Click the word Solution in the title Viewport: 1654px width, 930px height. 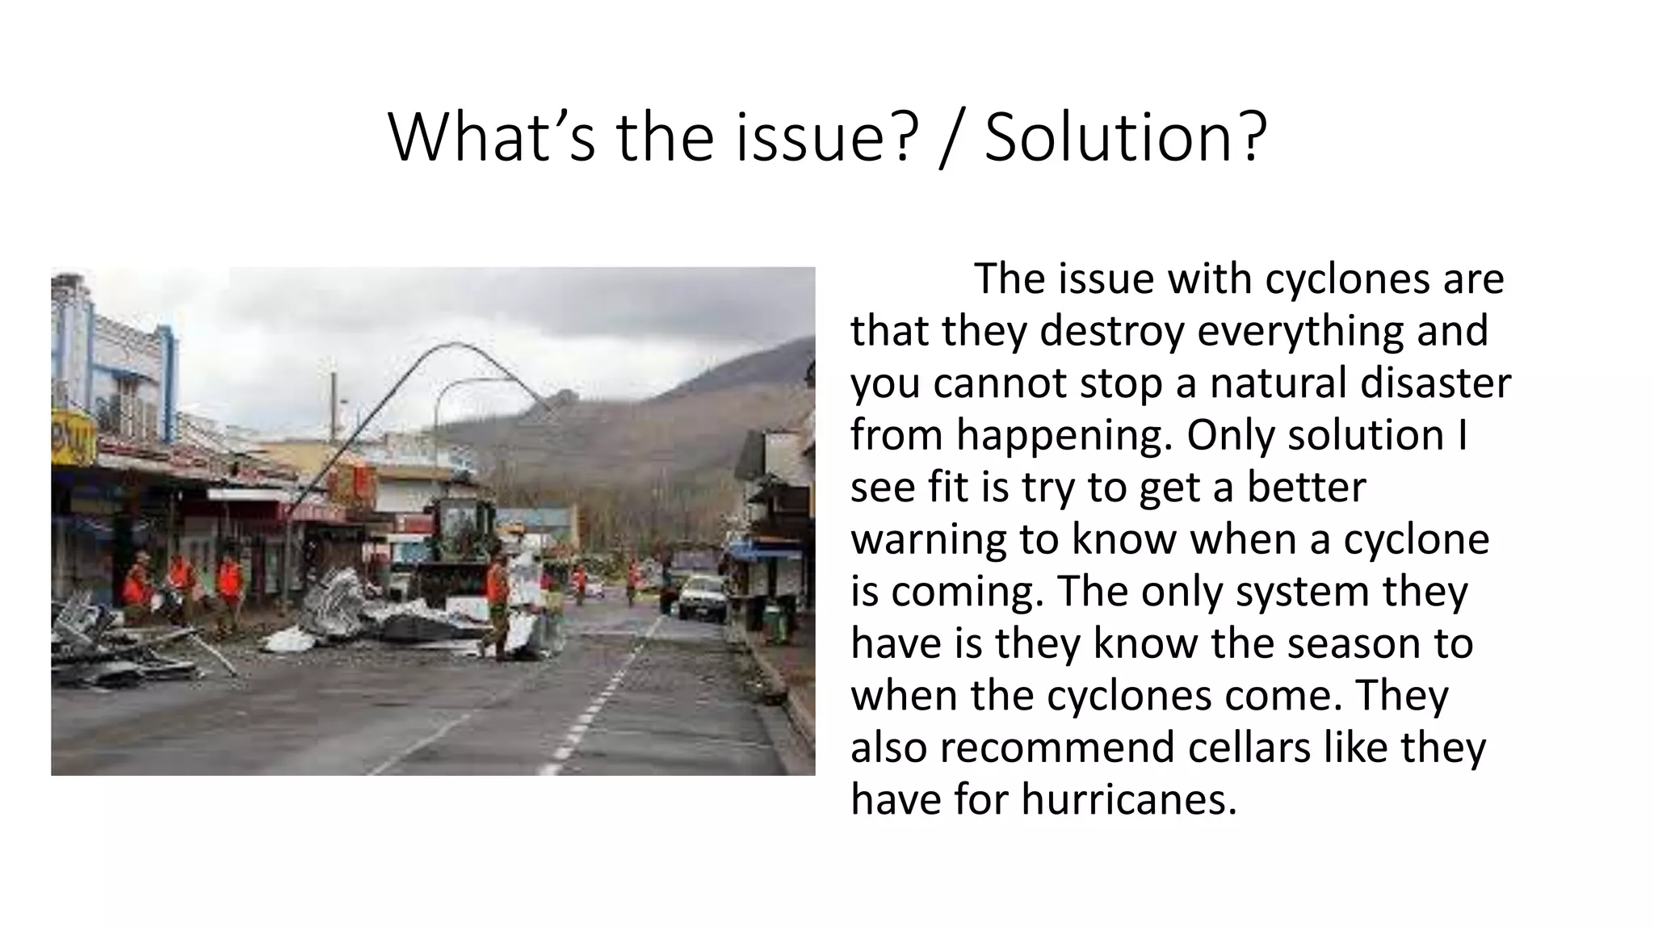pyautogui.click(x=1111, y=137)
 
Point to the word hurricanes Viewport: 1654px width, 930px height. pyautogui.click(x=1128, y=800)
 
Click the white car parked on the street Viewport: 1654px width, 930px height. pyautogui.click(x=702, y=597)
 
